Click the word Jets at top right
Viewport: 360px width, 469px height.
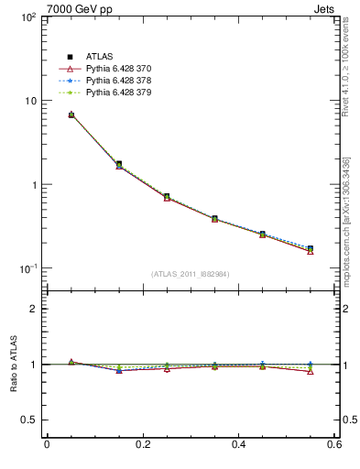pos(323,8)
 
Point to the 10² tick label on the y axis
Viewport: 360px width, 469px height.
pos(27,17)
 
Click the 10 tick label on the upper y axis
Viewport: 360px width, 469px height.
pos(29,101)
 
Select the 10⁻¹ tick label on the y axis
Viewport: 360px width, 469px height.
pos(27,268)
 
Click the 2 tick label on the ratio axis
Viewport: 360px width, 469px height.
pos(34,309)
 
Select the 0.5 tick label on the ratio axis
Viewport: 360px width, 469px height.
pos(29,420)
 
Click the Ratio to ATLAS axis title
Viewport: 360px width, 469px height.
pos(12,365)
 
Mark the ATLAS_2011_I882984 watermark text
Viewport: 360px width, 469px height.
pos(191,273)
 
